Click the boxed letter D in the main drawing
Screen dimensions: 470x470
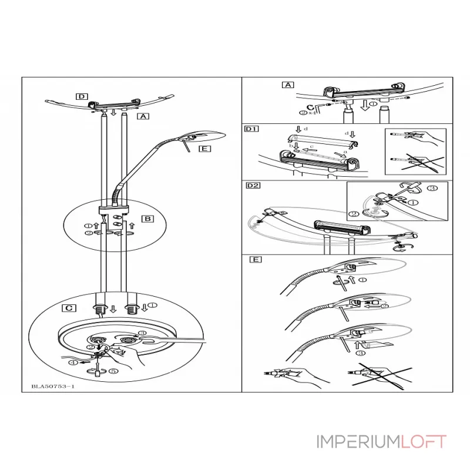[82, 96]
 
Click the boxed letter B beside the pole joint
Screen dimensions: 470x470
[148, 219]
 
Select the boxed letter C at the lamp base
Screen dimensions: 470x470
[70, 307]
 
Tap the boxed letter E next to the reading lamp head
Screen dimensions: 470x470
[204, 149]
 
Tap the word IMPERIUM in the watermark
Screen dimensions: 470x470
[350, 441]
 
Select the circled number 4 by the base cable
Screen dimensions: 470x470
[72, 363]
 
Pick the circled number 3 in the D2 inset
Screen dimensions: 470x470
[431, 189]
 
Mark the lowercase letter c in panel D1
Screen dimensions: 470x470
[312, 147]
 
